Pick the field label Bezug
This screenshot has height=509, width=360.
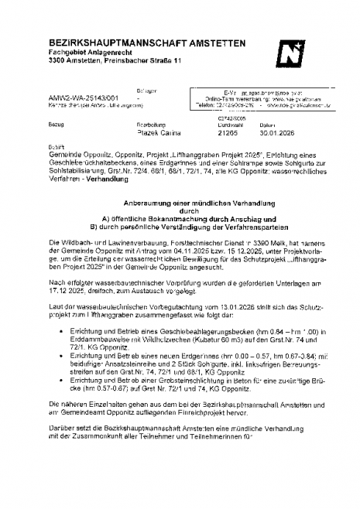tap(55, 123)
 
